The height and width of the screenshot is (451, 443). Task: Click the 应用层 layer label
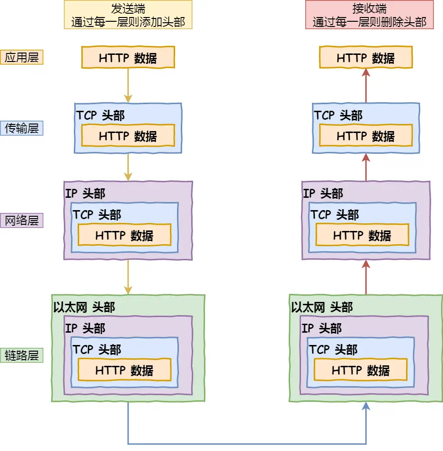[22, 57]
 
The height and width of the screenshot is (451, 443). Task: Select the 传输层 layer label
[22, 128]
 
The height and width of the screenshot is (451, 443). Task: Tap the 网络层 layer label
[22, 220]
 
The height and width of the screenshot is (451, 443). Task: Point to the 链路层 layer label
[22, 355]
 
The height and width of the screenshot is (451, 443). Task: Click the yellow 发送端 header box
[128, 15]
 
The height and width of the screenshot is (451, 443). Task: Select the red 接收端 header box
[369, 15]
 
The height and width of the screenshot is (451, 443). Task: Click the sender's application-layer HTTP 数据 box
[128, 58]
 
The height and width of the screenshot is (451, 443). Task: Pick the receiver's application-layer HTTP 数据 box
[366, 58]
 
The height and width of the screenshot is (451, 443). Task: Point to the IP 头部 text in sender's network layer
[85, 193]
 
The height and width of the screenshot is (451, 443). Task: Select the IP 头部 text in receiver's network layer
[323, 193]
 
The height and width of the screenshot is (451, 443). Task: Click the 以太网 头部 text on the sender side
[84, 307]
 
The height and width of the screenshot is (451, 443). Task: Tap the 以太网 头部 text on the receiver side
[322, 307]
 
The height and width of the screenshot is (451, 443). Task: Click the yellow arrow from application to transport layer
[128, 85]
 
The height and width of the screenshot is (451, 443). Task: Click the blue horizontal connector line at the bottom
[246, 444]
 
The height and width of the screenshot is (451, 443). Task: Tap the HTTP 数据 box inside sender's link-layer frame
[124, 371]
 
